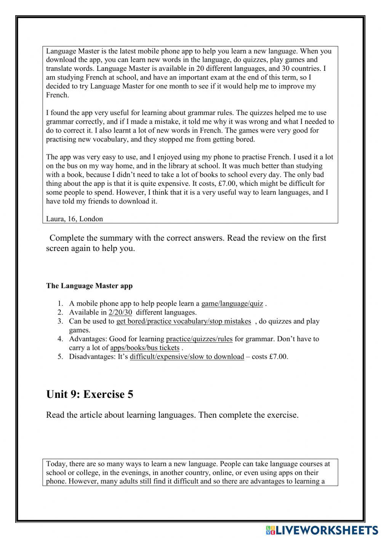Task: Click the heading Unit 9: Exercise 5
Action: tap(90, 394)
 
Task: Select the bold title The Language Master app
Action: tap(89, 286)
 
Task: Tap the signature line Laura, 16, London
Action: tap(74, 219)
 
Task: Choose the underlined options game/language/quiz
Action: tap(232, 303)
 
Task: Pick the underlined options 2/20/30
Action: tap(120, 312)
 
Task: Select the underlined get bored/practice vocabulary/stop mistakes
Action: tap(184, 321)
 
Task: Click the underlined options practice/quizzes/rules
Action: tap(199, 338)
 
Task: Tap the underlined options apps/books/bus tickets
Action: tap(145, 348)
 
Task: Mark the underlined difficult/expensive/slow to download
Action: tap(187, 356)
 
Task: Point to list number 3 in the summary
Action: tap(60, 321)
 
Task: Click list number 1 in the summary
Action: tap(60, 303)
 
